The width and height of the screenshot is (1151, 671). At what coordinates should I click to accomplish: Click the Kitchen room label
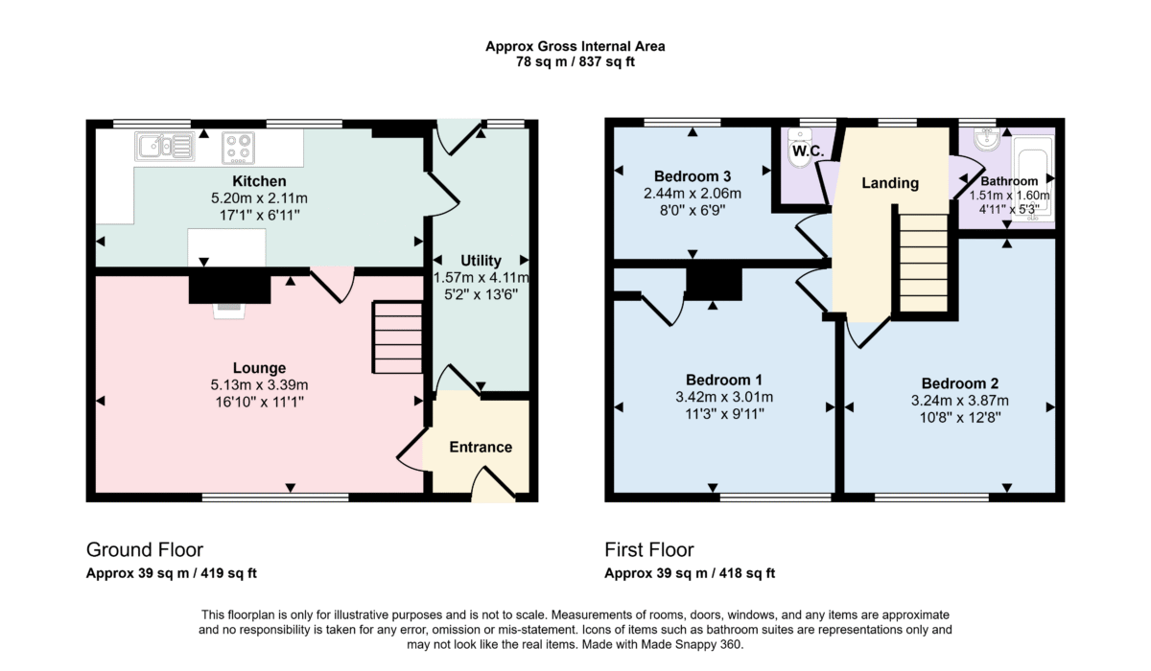[259, 181]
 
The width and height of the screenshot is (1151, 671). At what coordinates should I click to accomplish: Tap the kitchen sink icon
[165, 147]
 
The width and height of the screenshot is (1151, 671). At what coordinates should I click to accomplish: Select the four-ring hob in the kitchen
[239, 148]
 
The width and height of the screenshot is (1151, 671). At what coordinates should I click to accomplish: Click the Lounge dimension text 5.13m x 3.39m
[259, 384]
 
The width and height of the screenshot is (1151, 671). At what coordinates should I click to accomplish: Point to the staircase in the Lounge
[398, 336]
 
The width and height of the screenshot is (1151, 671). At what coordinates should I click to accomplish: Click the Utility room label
[481, 261]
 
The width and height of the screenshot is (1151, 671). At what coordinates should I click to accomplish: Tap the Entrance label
[481, 447]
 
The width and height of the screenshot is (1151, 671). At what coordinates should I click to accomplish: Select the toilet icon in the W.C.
[800, 149]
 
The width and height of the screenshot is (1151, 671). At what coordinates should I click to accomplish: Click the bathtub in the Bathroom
[1033, 178]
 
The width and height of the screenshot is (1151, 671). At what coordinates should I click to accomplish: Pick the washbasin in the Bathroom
[987, 139]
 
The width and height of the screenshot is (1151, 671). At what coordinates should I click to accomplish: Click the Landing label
[890, 183]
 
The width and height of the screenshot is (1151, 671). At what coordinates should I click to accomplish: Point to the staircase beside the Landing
[924, 263]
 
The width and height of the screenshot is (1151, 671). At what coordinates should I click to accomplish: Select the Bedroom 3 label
[693, 176]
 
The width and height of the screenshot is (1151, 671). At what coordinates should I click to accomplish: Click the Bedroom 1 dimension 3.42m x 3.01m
[724, 397]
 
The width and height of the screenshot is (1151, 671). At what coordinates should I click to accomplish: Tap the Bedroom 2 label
[960, 383]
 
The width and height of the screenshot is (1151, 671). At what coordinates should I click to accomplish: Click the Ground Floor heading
[145, 550]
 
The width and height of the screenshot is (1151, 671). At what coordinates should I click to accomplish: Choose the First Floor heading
[649, 550]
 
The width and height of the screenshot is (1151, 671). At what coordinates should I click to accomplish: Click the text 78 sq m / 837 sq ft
[575, 62]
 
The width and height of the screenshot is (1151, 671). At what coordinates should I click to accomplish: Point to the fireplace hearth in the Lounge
[229, 312]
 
